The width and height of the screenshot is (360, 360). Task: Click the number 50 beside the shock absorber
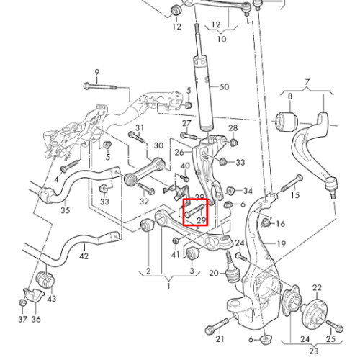[224, 86]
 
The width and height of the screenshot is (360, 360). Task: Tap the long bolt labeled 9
[100, 86]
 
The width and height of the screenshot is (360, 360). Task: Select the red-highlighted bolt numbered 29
[194, 210]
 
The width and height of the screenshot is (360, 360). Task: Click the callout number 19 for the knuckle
[282, 244]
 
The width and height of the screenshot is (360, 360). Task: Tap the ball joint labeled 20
[231, 268]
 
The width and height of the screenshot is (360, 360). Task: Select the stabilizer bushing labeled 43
[45, 279]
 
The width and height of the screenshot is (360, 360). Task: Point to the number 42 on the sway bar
[84, 256]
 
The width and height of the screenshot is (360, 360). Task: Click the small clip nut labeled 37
[23, 302]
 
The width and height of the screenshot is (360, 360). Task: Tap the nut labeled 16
[266, 223]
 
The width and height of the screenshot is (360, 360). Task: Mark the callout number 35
[65, 210]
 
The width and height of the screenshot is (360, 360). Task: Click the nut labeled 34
[231, 191]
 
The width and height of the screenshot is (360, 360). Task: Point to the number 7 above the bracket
[307, 83]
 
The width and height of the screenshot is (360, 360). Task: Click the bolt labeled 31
[136, 137]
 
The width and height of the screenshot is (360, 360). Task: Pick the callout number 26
[179, 153]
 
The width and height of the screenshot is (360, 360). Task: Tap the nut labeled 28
[233, 143]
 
